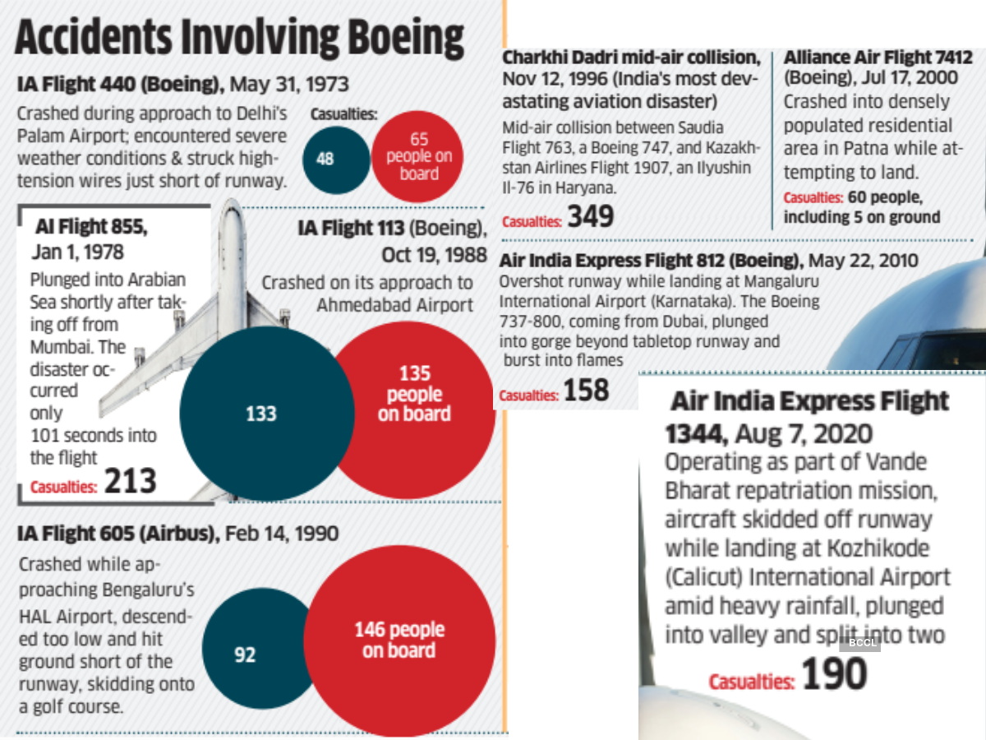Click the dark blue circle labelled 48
tap(325, 158)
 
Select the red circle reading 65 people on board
tap(419, 157)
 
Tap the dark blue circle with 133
tap(261, 413)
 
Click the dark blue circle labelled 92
tap(245, 654)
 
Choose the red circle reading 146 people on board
tap(399, 640)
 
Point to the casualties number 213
tap(130, 482)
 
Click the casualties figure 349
tap(590, 216)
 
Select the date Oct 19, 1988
tap(426, 254)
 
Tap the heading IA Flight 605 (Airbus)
tap(117, 534)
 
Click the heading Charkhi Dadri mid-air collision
tap(631, 58)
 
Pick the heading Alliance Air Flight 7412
tap(878, 58)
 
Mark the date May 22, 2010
tap(873, 261)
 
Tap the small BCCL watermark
tap(861, 642)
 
